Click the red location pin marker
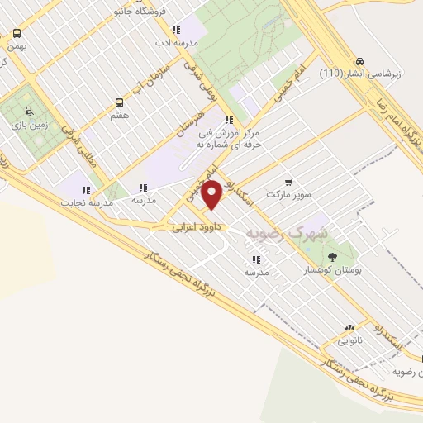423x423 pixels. point(212,195)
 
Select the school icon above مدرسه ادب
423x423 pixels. point(176,30)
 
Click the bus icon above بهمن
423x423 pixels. point(17,34)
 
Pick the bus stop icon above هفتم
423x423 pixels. point(120,103)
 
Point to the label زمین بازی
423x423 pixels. point(31,124)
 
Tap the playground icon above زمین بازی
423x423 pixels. point(31,111)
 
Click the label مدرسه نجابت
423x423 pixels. point(84,202)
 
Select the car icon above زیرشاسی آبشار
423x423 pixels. point(360,61)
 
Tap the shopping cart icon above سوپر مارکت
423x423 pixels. point(288,182)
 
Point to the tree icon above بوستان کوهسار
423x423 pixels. point(332,257)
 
